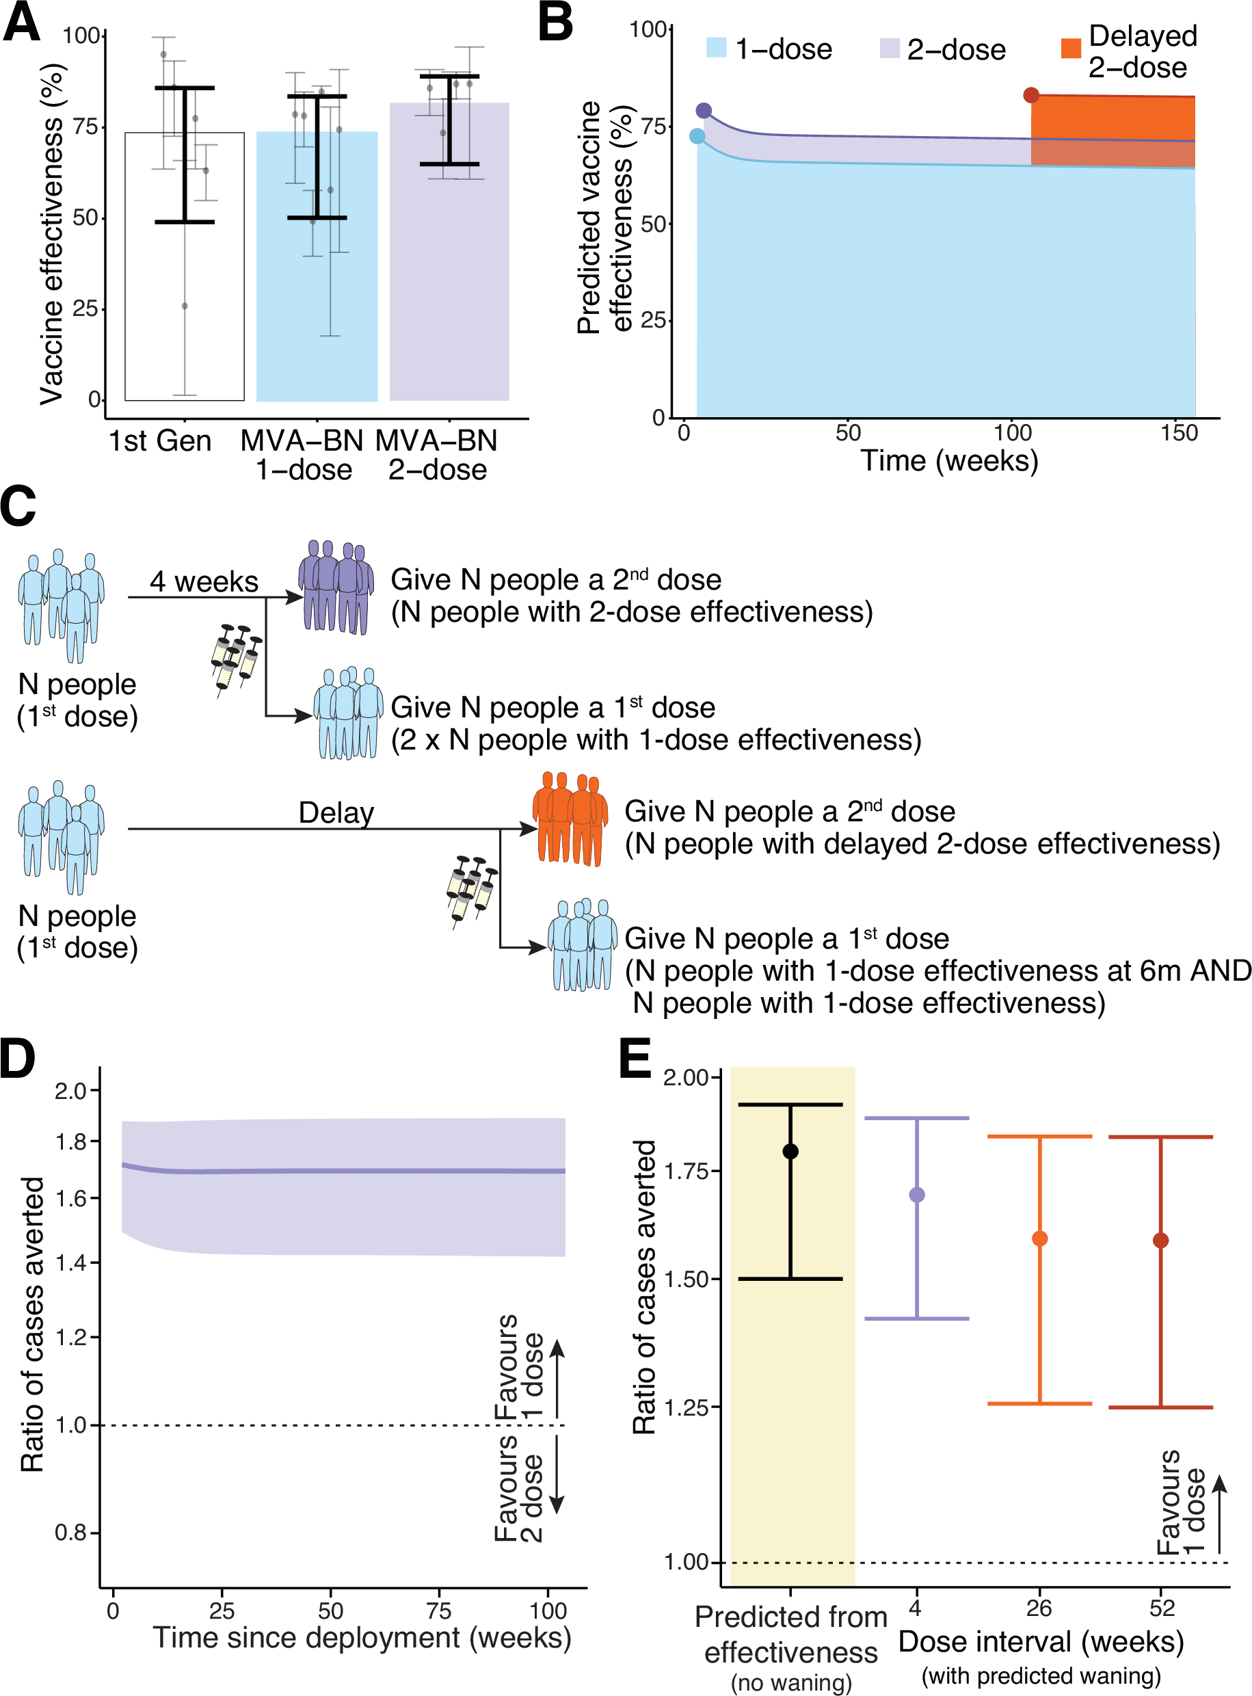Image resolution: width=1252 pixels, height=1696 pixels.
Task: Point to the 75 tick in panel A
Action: (85, 127)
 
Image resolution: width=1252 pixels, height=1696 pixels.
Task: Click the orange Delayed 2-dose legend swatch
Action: (1071, 48)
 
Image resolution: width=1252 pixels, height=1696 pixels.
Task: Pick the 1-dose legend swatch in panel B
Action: (716, 48)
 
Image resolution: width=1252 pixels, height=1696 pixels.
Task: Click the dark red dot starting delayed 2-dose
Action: (1030, 96)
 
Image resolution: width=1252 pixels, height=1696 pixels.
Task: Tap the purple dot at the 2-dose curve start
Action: (704, 111)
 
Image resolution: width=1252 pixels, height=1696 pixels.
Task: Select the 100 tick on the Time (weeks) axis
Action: (1013, 434)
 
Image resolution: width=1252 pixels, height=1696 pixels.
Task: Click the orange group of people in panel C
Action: (570, 819)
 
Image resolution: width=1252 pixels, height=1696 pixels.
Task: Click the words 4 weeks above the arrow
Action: (204, 582)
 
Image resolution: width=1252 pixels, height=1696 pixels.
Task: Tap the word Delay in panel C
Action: (336, 813)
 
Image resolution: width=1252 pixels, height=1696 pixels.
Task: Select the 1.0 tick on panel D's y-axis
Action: (72, 1425)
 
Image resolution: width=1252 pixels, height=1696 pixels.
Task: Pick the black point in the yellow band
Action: (790, 1152)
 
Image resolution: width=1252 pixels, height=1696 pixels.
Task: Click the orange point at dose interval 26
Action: (1040, 1238)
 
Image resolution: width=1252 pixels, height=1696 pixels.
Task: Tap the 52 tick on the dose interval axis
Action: (1161, 1608)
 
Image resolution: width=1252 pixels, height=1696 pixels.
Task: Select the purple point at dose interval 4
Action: (916, 1195)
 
